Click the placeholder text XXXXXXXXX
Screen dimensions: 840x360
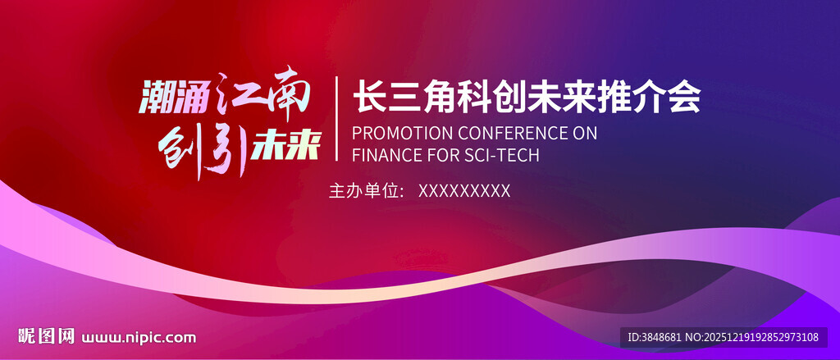coord(464,191)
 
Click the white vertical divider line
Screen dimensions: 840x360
coord(336,118)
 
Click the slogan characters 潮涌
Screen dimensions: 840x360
coord(172,97)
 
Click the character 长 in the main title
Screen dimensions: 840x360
coord(368,97)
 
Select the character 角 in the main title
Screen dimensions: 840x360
coord(440,97)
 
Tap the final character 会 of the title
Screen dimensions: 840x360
coord(684,97)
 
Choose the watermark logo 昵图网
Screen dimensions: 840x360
coord(46,336)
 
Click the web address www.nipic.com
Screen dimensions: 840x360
coord(139,338)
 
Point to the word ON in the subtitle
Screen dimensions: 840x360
coord(584,133)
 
